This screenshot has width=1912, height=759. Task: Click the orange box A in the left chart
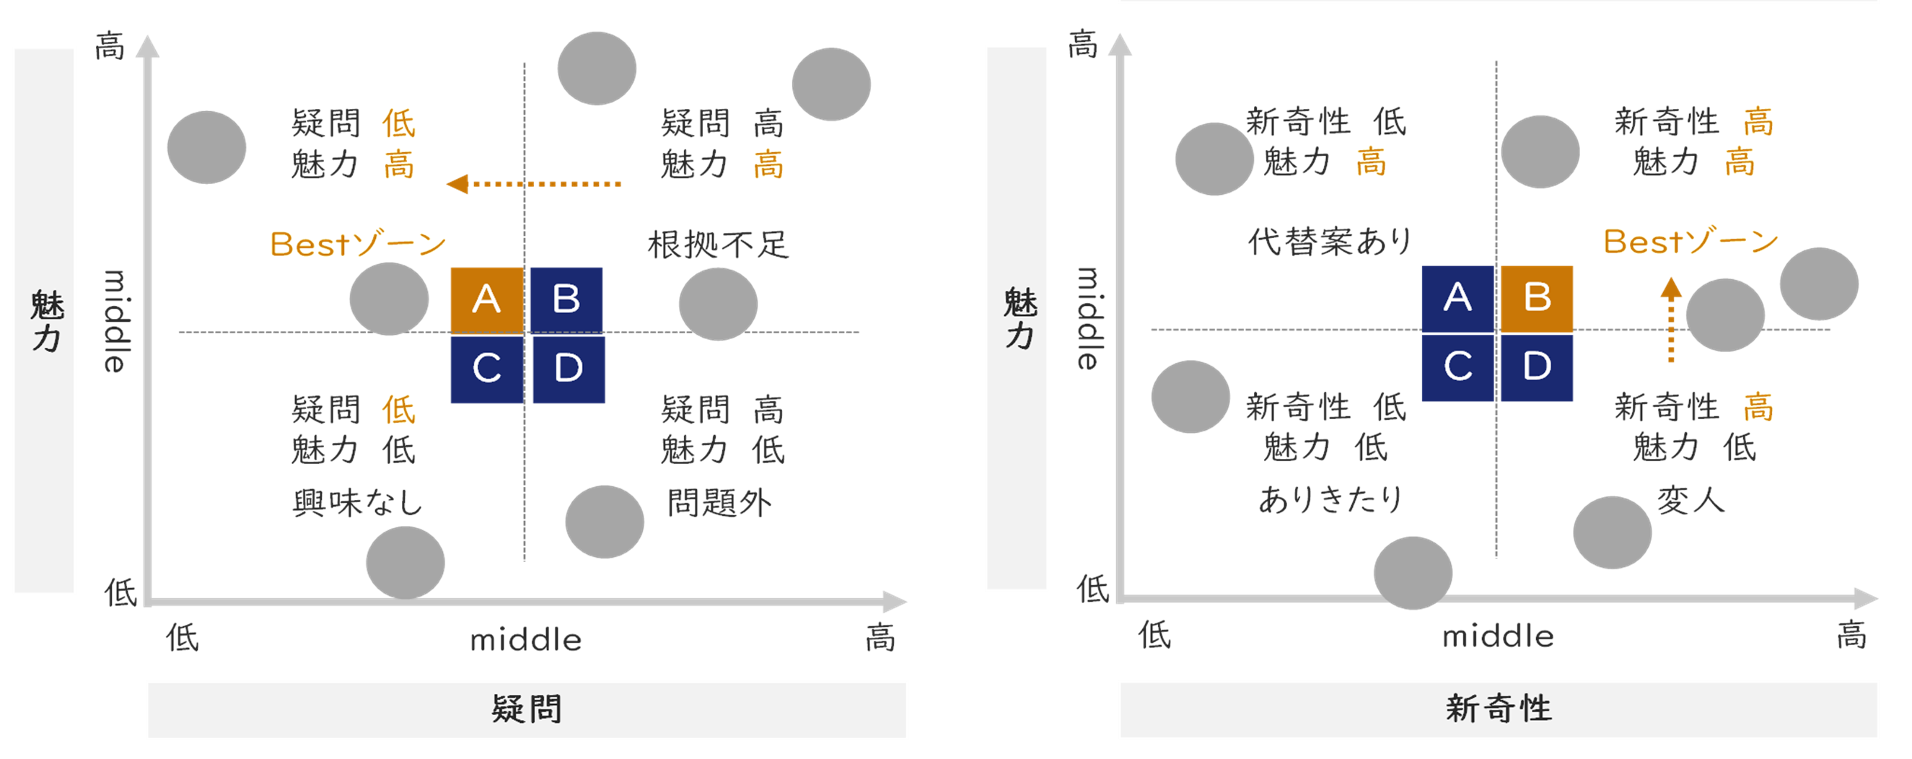click(486, 299)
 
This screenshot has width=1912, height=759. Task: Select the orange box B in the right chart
click(1536, 297)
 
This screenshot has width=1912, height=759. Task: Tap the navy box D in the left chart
click(569, 369)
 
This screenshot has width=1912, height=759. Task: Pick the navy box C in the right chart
click(1457, 367)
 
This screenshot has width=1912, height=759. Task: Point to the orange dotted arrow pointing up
click(1671, 319)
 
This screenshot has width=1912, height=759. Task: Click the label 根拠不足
click(718, 245)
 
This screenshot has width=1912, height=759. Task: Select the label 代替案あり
click(1329, 242)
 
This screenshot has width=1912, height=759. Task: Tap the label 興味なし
click(357, 503)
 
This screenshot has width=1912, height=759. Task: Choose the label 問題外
click(719, 503)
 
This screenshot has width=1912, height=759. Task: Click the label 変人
click(1690, 501)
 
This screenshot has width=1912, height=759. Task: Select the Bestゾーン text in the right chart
click(1690, 242)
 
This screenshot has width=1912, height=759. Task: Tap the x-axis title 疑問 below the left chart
click(526, 709)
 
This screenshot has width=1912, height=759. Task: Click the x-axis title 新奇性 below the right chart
click(1498, 708)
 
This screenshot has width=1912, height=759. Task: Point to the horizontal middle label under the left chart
click(525, 639)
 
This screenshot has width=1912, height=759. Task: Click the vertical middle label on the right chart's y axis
click(1087, 319)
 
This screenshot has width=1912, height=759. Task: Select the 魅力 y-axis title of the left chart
click(46, 320)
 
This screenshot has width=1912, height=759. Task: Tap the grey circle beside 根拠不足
click(718, 304)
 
